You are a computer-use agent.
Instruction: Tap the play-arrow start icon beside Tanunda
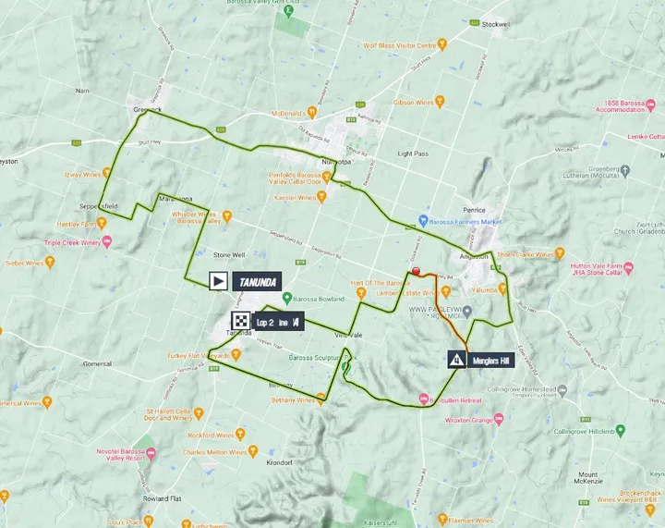(218, 281)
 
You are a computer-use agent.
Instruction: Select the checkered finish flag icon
(240, 322)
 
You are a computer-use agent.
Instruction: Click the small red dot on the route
(417, 271)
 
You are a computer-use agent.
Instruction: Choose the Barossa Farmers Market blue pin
(422, 221)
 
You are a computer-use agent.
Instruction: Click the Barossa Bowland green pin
(286, 299)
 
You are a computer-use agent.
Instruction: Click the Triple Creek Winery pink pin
(107, 242)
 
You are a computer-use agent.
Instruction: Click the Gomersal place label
(97, 364)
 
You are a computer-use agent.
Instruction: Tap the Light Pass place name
(412, 153)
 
